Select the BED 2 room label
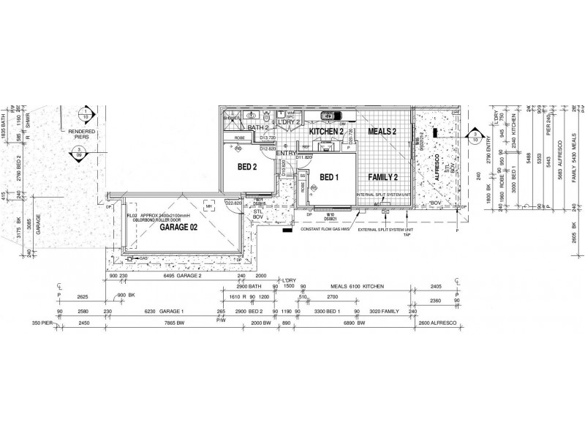click(247, 167)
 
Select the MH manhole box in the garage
click(189, 207)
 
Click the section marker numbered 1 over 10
click(86, 113)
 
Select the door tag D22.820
click(234, 203)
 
